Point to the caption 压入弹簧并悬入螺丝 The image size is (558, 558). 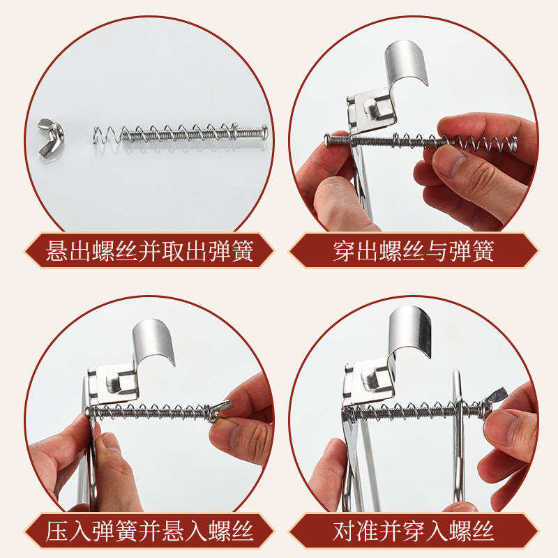click(x=149, y=533)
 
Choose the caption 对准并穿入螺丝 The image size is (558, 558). click(x=414, y=533)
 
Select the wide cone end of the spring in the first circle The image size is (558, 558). click(x=103, y=135)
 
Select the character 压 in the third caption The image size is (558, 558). click(x=59, y=533)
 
